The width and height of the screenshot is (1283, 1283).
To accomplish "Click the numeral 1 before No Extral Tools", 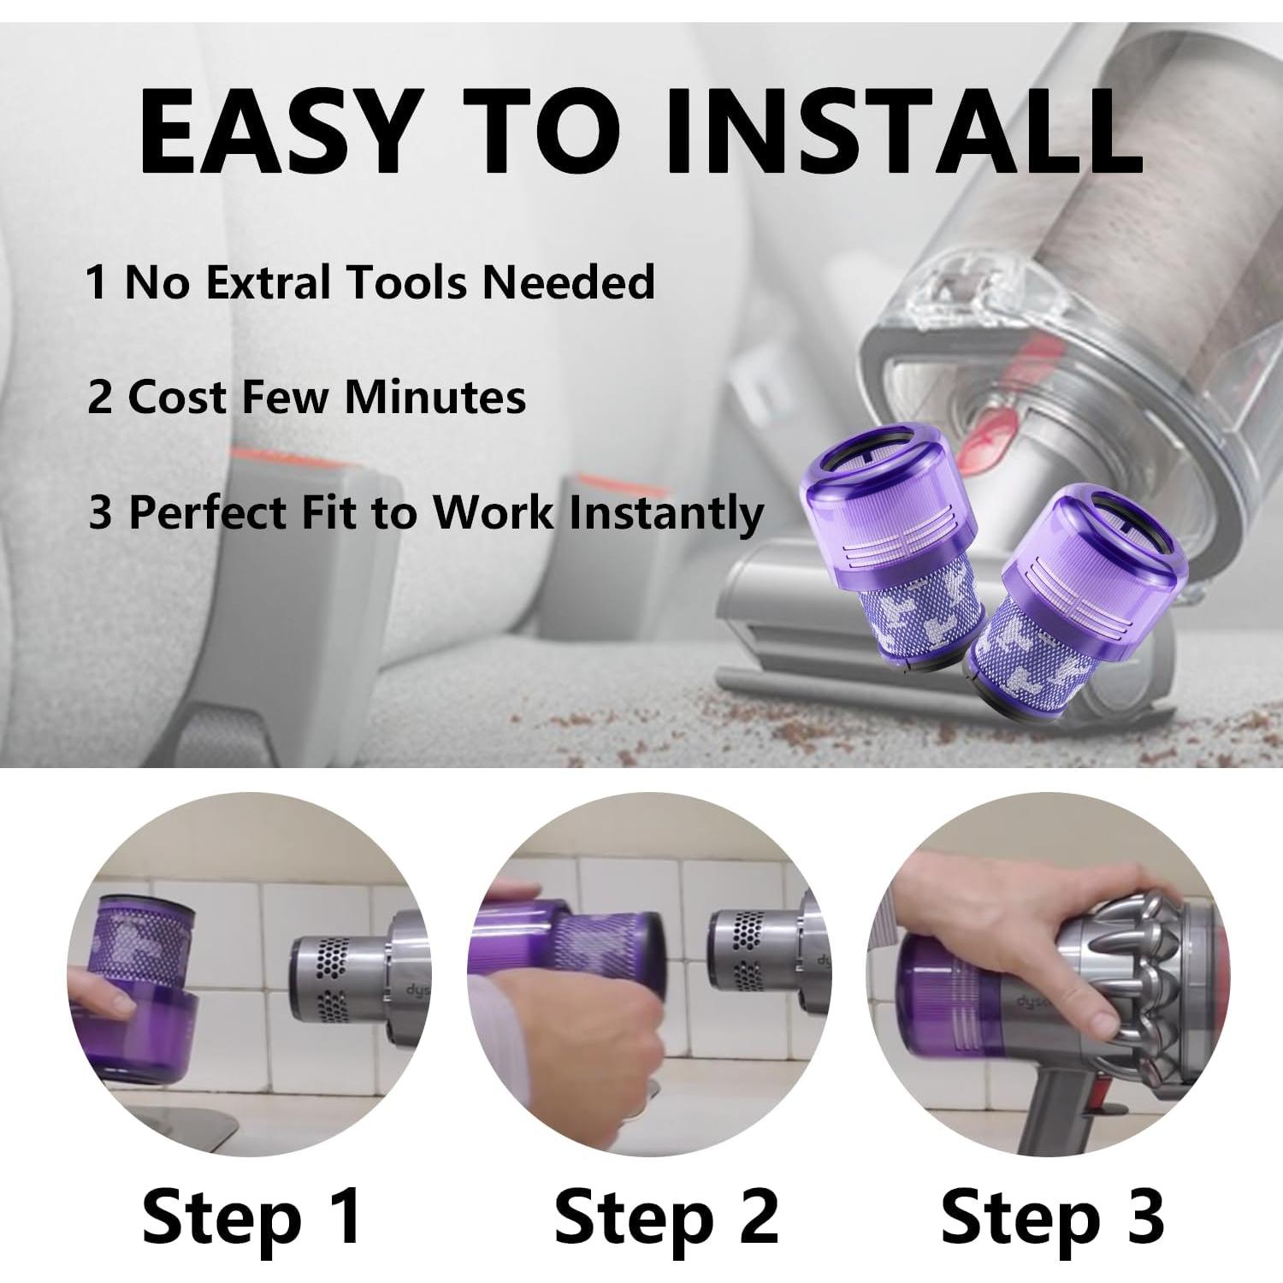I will click(x=97, y=282).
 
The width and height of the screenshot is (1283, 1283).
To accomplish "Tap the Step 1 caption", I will click(x=252, y=1215).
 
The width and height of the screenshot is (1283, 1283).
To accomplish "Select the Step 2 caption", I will click(x=666, y=1215).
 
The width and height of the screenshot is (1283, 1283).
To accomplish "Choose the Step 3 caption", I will click(x=1052, y=1215).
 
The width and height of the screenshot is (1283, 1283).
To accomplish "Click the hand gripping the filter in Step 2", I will click(x=590, y=1026).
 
